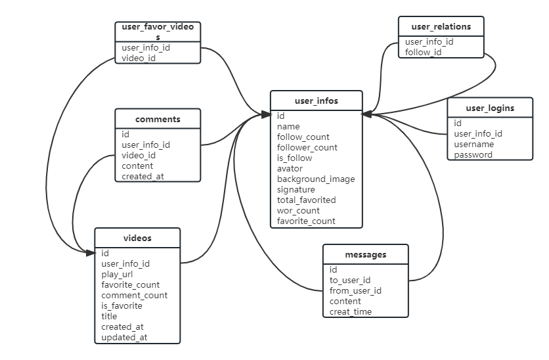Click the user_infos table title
coord(316,101)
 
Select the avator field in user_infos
coord(290,169)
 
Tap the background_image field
coord(316,179)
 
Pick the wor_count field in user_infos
coord(298,211)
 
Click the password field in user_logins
coord(473,155)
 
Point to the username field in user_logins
coord(474,145)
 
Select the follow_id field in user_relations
coord(423,53)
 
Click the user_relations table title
coord(441,27)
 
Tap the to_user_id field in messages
coord(350,281)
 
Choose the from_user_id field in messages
coord(355,291)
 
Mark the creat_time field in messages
coord(351,312)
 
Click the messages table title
coord(365,255)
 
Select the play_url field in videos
coord(118,275)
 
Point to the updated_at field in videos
coord(124,338)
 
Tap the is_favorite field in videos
coord(122,306)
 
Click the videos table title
coord(137,238)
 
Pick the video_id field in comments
coord(139,156)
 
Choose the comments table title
coord(158,120)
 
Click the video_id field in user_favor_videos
coord(139,58)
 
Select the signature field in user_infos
coord(296,190)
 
